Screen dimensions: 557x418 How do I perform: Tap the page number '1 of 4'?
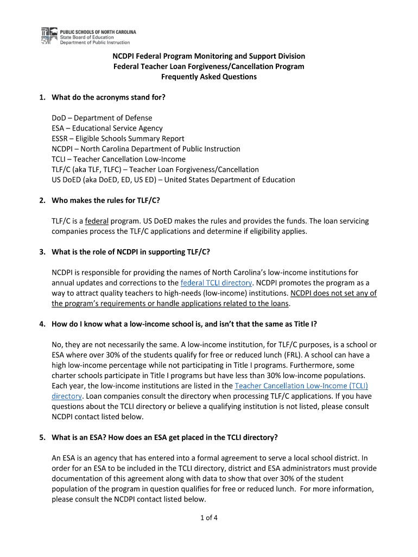[x=208, y=517]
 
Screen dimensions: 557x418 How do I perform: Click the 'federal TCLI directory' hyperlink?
[x=216, y=283]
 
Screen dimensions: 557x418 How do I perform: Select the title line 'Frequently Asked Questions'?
[x=208, y=77]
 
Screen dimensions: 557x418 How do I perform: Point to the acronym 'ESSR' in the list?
[x=61, y=139]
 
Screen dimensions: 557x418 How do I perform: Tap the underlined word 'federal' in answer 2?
[x=96, y=221]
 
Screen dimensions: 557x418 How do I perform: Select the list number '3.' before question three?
[x=42, y=252]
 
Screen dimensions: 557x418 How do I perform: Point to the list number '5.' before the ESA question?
[x=42, y=437]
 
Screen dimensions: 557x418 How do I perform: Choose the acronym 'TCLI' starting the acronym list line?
[x=60, y=159]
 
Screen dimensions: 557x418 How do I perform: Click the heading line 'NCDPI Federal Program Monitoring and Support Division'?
[x=208, y=56]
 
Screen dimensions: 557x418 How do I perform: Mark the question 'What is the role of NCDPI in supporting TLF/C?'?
[x=131, y=252]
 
